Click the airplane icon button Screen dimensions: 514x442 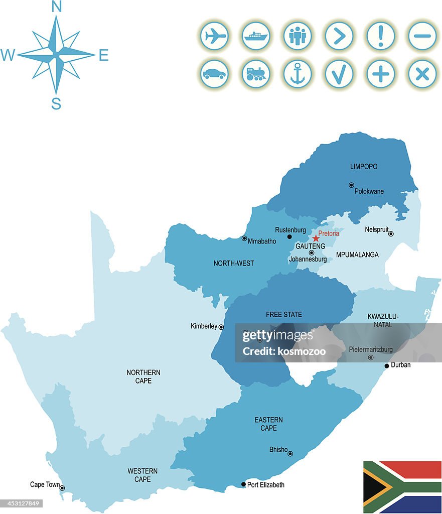(x=215, y=36)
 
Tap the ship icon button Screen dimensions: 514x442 (x=256, y=36)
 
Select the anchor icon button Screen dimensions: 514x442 (x=298, y=74)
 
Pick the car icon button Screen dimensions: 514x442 (x=215, y=74)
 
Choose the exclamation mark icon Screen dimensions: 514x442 (x=381, y=36)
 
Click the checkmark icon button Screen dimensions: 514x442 (x=339, y=74)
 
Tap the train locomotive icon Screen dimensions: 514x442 (x=256, y=74)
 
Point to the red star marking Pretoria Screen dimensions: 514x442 (x=316, y=238)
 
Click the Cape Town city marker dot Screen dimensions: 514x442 (x=62, y=487)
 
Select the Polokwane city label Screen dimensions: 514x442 (x=369, y=191)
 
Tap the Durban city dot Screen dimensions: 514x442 (x=387, y=366)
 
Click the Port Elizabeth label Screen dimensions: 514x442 (x=265, y=485)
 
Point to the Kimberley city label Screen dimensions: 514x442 (x=204, y=326)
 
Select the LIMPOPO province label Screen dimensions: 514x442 (x=364, y=167)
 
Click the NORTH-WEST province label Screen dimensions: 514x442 (x=234, y=263)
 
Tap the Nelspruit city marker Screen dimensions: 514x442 (x=391, y=233)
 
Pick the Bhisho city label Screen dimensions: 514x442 (x=278, y=450)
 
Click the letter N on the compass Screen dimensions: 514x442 (x=57, y=7)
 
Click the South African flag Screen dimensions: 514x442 (x=402, y=486)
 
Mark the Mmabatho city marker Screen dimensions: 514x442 (x=244, y=238)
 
